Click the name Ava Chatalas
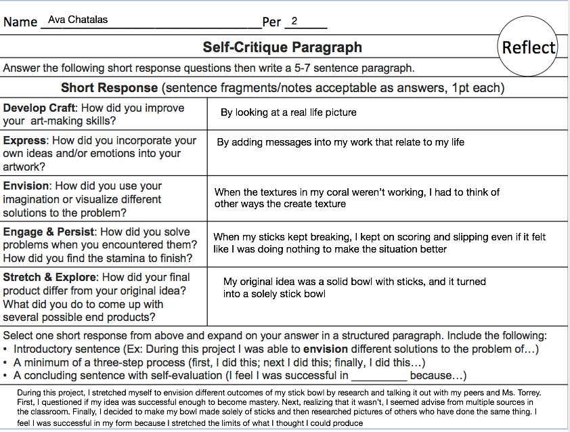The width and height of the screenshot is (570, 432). pyautogui.click(x=78, y=20)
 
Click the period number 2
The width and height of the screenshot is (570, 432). pyautogui.click(x=294, y=20)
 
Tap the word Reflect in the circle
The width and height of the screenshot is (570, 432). pyautogui.click(x=529, y=47)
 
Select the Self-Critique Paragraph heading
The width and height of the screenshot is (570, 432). pyautogui.click(x=282, y=47)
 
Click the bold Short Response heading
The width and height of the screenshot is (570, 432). pyautogui.click(x=109, y=88)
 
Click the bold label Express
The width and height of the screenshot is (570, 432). pyautogui.click(x=24, y=141)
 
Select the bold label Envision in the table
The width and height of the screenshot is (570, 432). pyautogui.click(x=26, y=186)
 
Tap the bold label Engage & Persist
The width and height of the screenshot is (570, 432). pyautogui.click(x=49, y=232)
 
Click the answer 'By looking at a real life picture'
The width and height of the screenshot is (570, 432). pyautogui.click(x=288, y=112)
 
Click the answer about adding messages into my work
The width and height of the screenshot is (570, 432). pyautogui.click(x=341, y=142)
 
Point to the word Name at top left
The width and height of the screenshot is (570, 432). pyautogui.click(x=20, y=22)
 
